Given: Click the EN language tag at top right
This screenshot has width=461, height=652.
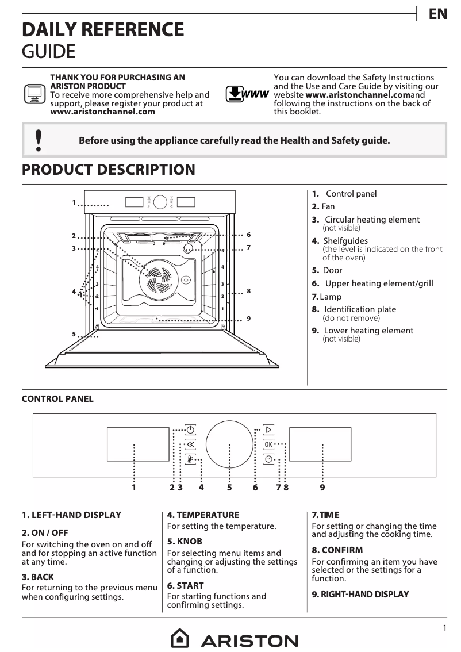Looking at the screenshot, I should point(437,14).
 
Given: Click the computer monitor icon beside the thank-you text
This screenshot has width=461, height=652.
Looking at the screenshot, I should point(34,94).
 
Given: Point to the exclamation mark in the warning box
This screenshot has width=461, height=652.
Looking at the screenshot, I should point(39,140).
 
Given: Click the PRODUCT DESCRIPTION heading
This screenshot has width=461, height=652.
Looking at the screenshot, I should point(108,170).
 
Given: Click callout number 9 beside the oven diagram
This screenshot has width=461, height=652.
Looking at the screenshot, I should point(248,318).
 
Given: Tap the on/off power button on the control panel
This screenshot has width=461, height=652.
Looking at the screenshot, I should point(190,429).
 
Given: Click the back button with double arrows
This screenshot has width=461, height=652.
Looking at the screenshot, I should point(190,444).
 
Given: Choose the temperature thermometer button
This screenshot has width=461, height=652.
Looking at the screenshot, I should point(190,459).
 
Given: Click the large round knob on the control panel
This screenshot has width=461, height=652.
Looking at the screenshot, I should point(229,444).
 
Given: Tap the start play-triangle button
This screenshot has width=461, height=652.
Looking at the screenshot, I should point(268,429).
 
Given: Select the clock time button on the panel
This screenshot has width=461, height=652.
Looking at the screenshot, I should point(268,459).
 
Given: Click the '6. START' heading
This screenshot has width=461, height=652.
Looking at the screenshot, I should point(185,585).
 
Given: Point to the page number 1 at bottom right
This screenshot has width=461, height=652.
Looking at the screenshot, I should point(444,628).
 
